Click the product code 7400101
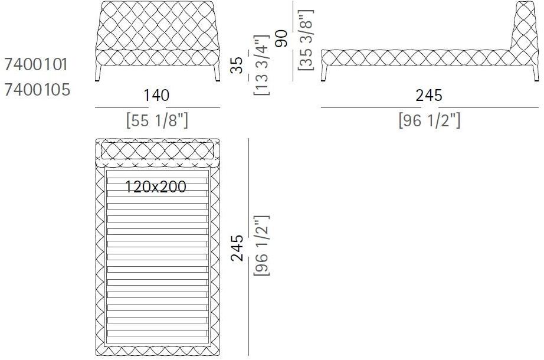point(37,64)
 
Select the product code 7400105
point(37,90)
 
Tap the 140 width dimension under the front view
point(156,96)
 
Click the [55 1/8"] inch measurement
point(157,120)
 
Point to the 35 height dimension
point(236,65)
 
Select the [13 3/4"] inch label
point(260,66)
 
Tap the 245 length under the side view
point(429,96)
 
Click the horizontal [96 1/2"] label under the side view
point(429,120)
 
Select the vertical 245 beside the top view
point(236,248)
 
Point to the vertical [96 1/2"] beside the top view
point(260,248)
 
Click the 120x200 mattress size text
point(156,187)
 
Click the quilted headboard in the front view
point(157,27)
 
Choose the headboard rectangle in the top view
point(157,150)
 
